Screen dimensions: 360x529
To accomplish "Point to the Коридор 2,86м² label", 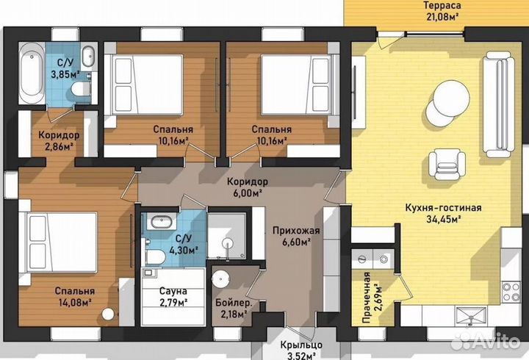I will click(60, 141).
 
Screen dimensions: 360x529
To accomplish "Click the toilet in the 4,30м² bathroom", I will click(155, 256).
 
